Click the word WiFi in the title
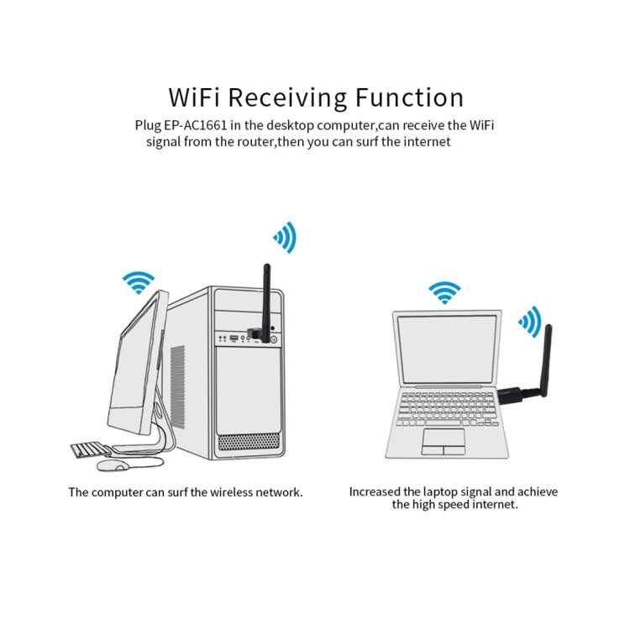click(x=195, y=97)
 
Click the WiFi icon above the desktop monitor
click(x=138, y=282)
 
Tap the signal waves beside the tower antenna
click(x=286, y=238)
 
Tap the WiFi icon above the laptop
click(x=444, y=292)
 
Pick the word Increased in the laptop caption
click(x=375, y=491)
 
